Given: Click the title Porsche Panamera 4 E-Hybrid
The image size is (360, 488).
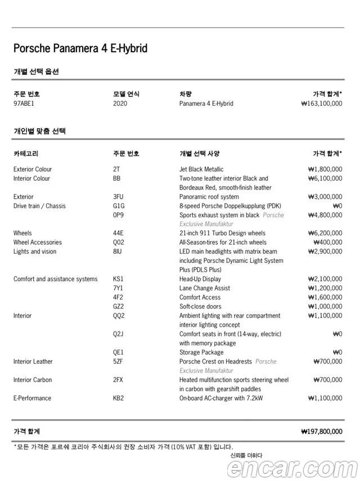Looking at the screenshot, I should pyautogui.click(x=80, y=48).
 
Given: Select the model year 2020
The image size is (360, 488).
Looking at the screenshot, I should pyautogui.click(x=120, y=104).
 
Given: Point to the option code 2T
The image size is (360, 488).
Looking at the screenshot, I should pyautogui.click(x=116, y=169).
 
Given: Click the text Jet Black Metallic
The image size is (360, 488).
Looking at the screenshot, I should pyautogui.click(x=201, y=169).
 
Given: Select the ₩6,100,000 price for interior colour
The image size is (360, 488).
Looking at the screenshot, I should pyautogui.click(x=325, y=178).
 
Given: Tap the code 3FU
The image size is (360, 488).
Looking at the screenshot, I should pyautogui.click(x=118, y=197).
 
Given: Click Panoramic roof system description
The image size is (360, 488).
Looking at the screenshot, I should pyautogui.click(x=209, y=197).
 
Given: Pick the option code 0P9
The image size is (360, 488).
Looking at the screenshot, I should pyautogui.click(x=118, y=215).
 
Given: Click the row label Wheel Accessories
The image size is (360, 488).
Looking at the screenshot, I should pyautogui.click(x=38, y=243).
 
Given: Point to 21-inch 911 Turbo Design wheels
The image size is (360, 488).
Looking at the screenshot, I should pyautogui.click(x=222, y=233).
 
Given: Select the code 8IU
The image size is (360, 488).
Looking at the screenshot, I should pyautogui.click(x=118, y=252).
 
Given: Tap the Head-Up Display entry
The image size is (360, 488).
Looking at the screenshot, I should pyautogui.click(x=200, y=279).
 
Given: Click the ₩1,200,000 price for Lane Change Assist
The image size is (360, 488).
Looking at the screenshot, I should pyautogui.click(x=325, y=288).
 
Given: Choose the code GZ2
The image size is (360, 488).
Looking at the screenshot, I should pyautogui.click(x=118, y=307).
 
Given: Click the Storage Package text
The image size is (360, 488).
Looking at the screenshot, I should pyautogui.click(x=201, y=352).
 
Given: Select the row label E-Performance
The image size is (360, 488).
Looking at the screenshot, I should pyautogui.click(x=32, y=398).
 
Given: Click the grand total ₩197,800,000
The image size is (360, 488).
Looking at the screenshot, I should pyautogui.click(x=322, y=432).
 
